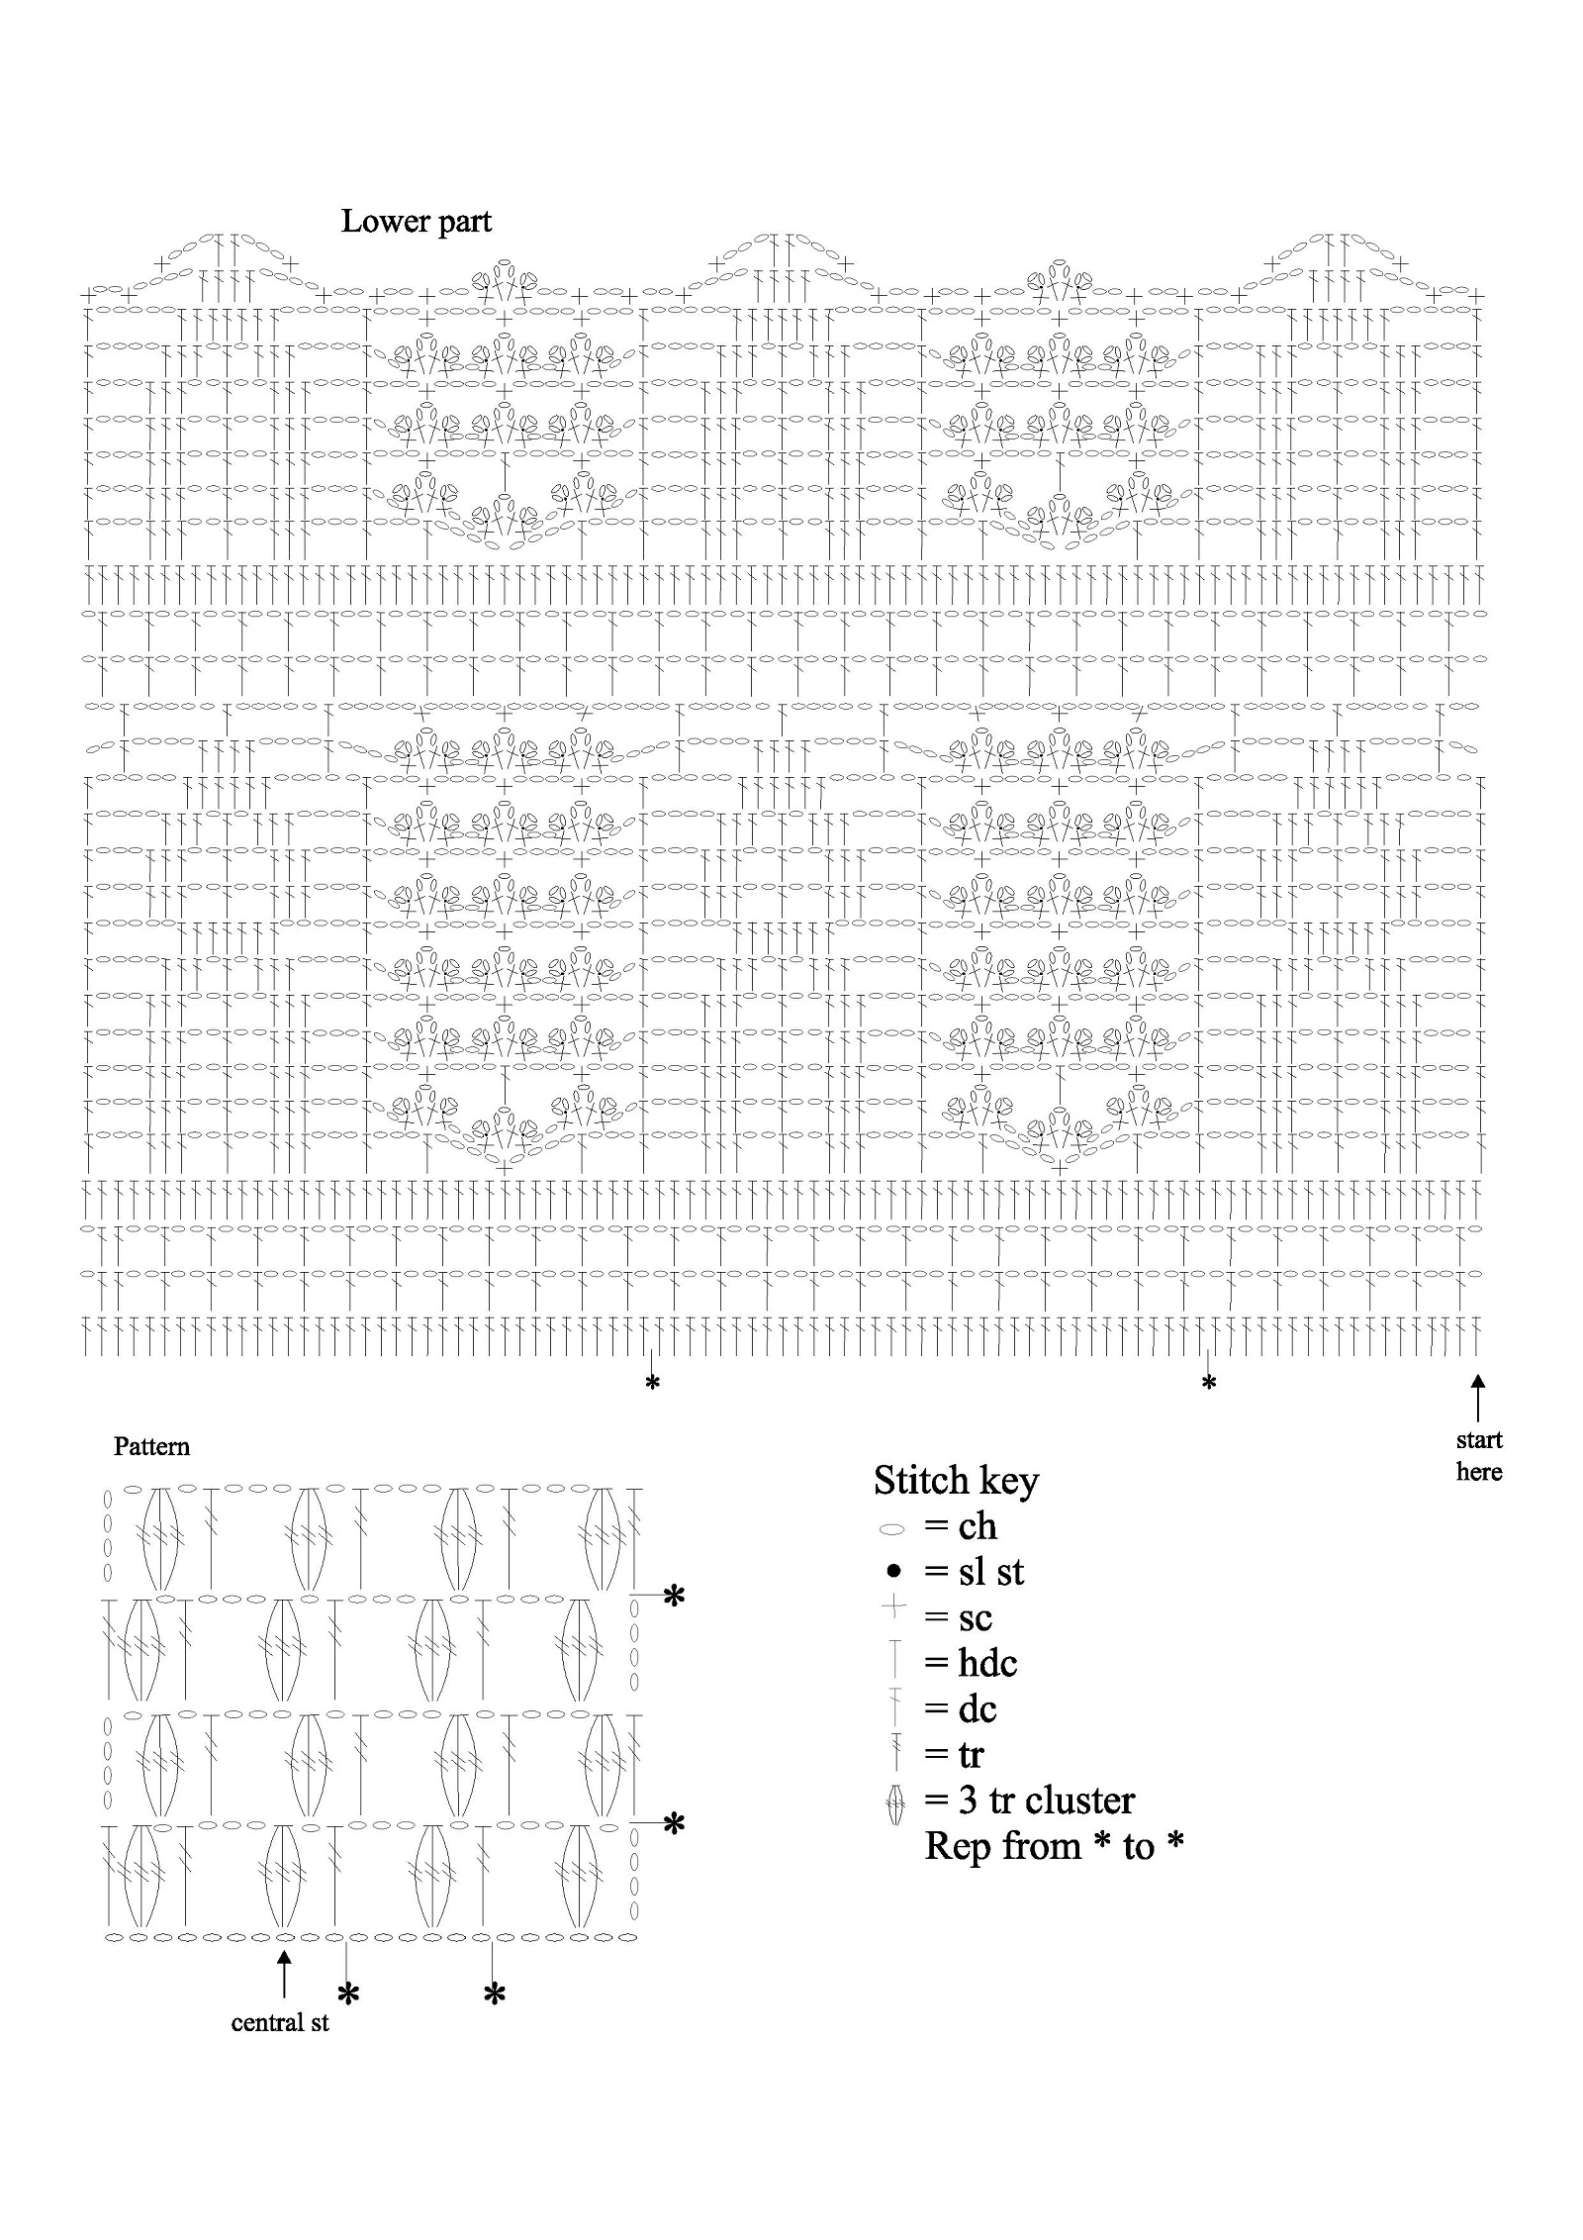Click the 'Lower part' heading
pos(416,222)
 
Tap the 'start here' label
pos(1478,1455)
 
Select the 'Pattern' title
pos(151,1446)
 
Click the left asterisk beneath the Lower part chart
pos(652,1383)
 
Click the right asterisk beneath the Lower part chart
pos(1208,1383)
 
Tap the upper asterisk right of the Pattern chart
pos(674,1597)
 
